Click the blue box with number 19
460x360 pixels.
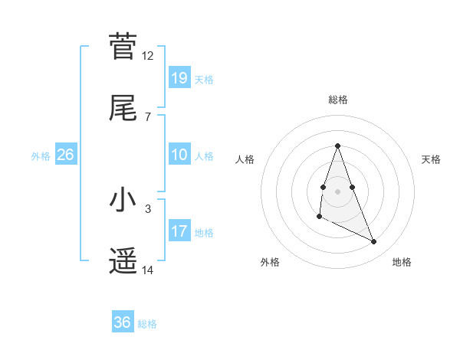click(179, 77)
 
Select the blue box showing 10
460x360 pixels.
click(179, 155)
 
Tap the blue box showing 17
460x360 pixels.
click(179, 231)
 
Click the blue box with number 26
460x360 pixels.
click(66, 155)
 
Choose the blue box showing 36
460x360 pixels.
click(123, 322)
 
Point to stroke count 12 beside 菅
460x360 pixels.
click(148, 55)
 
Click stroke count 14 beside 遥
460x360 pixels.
click(148, 270)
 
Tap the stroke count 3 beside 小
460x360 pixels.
click(148, 208)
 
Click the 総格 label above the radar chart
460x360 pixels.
click(338, 100)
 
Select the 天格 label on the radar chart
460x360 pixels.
click(432, 159)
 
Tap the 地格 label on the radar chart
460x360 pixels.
click(402, 262)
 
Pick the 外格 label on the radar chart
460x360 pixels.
click(270, 262)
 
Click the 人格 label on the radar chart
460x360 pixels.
click(245, 159)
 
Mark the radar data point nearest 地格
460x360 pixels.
click(374, 242)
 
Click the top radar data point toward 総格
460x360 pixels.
click(337, 146)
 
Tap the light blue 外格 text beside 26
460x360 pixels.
click(41, 155)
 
